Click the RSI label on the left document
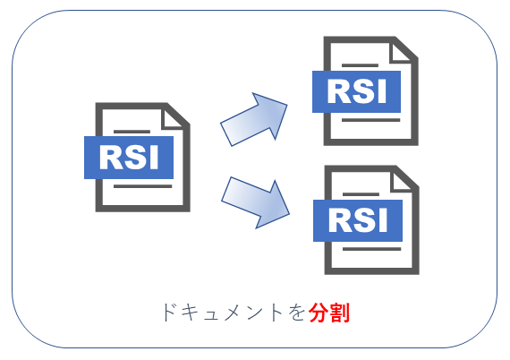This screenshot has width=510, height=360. pyautogui.click(x=129, y=158)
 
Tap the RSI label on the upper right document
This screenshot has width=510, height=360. pyautogui.click(x=356, y=91)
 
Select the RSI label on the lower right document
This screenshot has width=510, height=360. pyautogui.click(x=358, y=220)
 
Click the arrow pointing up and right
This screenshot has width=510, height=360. pyautogui.click(x=254, y=119)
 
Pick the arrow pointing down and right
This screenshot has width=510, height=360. pyautogui.click(x=255, y=202)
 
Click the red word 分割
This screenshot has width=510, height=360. pyautogui.click(x=329, y=313)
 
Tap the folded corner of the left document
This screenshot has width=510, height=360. pyautogui.click(x=172, y=118)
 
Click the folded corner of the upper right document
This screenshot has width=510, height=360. pyautogui.click(x=400, y=52)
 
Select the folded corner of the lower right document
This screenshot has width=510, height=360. pyautogui.click(x=402, y=181)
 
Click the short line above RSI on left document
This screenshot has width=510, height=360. pyautogui.click(x=132, y=132)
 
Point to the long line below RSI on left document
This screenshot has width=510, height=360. pyautogui.click(x=143, y=186)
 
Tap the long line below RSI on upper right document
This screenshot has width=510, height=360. pyautogui.click(x=370, y=120)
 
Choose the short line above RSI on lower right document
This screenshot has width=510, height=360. pyautogui.click(x=361, y=194)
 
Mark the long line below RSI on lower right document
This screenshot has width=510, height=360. pyautogui.click(x=372, y=249)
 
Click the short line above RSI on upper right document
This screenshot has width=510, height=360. pyautogui.click(x=360, y=65)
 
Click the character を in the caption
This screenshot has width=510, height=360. pyautogui.click(x=296, y=313)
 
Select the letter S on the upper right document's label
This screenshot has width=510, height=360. pyautogui.click(x=362, y=91)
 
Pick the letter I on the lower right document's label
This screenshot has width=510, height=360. pyautogui.click(x=384, y=220)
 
